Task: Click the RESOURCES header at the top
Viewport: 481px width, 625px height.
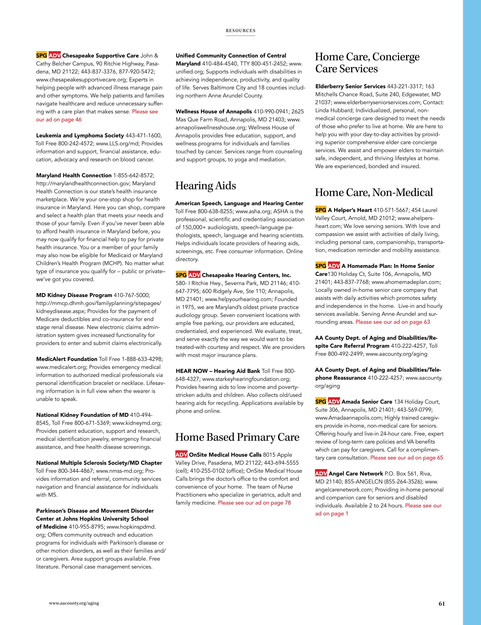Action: click(240, 31)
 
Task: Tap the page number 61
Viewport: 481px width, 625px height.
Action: click(442, 604)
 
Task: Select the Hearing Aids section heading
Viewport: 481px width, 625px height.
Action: click(206, 186)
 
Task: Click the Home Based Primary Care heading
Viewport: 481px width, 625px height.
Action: click(237, 437)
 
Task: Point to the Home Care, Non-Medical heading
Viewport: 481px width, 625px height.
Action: click(374, 192)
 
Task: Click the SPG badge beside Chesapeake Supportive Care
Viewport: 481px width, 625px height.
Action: click(42, 56)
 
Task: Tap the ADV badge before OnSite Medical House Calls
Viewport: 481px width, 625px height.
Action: click(181, 455)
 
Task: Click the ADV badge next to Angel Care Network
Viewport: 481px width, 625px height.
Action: click(321, 474)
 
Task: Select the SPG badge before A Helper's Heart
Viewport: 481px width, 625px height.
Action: click(321, 210)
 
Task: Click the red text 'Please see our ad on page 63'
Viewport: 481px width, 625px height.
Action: click(393, 322)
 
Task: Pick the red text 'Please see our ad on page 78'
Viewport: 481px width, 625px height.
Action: click(254, 503)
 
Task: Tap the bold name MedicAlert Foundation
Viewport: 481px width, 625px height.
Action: click(67, 359)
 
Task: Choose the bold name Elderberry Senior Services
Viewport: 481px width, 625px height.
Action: click(350, 86)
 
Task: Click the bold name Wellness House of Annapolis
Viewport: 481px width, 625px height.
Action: click(214, 111)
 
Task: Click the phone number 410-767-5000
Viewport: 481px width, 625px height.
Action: click(132, 295)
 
